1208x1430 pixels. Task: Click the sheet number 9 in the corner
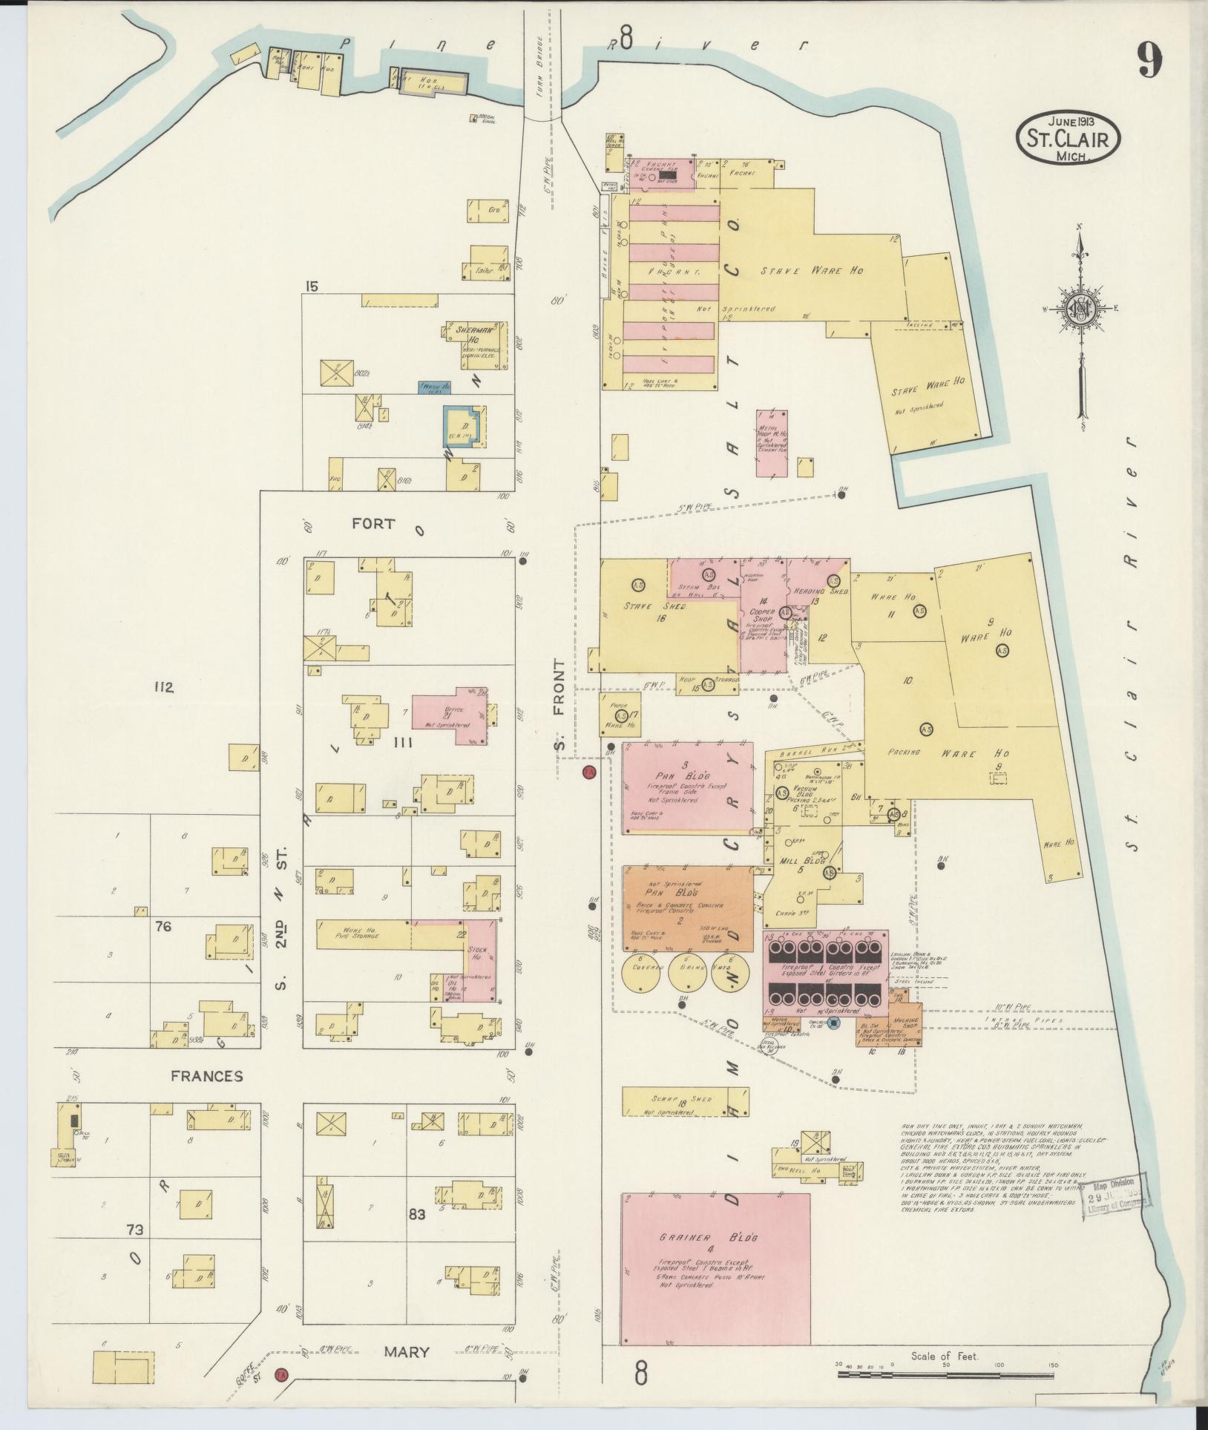(x=1148, y=60)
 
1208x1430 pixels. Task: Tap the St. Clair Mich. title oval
(x=1068, y=138)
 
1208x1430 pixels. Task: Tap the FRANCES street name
(x=206, y=1076)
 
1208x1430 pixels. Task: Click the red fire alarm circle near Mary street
(x=281, y=1374)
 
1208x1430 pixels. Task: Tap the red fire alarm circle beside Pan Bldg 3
(x=588, y=773)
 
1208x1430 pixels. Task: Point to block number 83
(x=417, y=1215)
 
